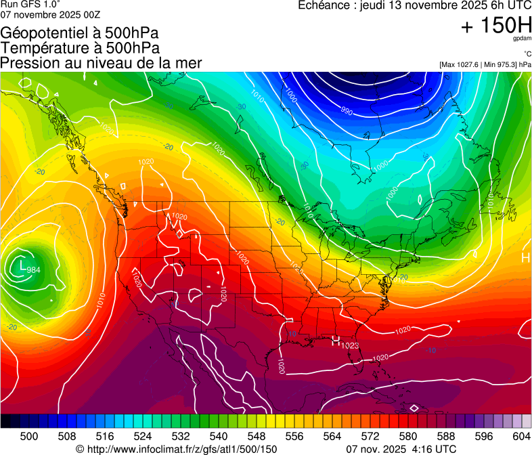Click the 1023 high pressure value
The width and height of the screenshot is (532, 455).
[x=350, y=346]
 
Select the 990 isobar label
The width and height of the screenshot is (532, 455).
[x=346, y=111]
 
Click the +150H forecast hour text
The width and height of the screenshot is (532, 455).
[x=495, y=26]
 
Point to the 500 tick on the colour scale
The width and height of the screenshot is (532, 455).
[x=29, y=436]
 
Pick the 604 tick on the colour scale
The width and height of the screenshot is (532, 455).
[x=522, y=436]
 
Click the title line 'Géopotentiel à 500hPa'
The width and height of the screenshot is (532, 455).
[x=80, y=32]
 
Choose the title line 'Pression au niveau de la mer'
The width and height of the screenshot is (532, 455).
[x=102, y=63]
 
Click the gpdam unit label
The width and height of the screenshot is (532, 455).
[x=521, y=39]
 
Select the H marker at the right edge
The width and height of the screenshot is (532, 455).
[x=525, y=258]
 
